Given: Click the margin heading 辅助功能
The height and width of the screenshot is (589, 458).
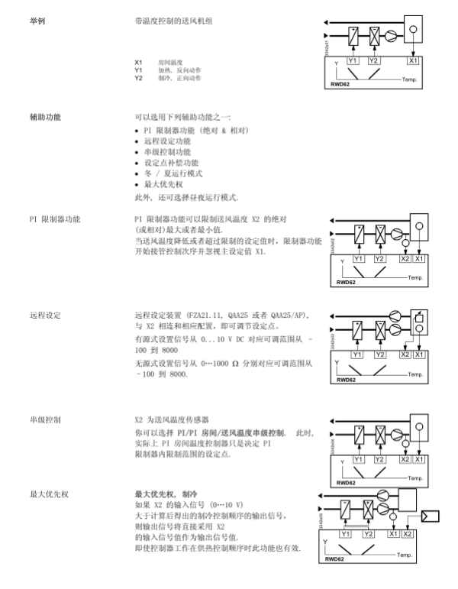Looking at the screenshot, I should click(x=45, y=118).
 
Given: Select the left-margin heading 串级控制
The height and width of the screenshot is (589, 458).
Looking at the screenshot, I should click(x=45, y=419).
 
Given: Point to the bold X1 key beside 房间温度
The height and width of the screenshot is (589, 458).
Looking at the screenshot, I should click(x=138, y=62).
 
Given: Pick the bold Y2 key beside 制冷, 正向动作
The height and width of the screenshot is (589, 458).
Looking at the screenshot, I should click(x=138, y=77).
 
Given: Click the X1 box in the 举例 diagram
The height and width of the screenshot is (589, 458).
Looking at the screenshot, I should click(x=413, y=60).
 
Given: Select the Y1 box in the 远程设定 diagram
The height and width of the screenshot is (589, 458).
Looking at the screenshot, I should click(x=356, y=354).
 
